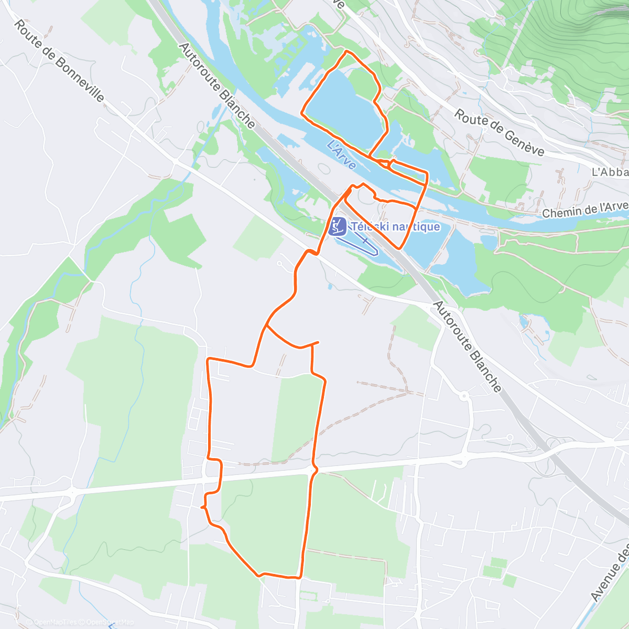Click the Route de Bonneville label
tap(59, 62)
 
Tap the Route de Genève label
tap(499, 132)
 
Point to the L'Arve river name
tap(341, 155)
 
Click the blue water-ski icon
tap(337, 226)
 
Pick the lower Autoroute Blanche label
tap(468, 346)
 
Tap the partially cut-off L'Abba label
tap(610, 172)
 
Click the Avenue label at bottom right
tap(610, 571)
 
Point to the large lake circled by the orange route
tap(343, 105)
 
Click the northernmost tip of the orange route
tap(346, 51)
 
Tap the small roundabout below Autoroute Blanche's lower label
tap(463, 396)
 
